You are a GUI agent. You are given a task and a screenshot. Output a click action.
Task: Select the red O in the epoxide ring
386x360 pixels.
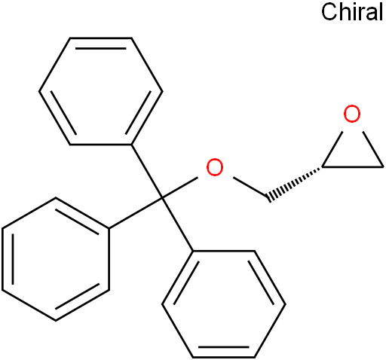pyautogui.click(x=352, y=114)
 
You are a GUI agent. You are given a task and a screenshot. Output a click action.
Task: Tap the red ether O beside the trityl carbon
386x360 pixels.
pyautogui.click(x=215, y=167)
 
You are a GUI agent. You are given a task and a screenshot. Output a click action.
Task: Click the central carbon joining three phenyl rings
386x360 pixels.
pyautogui.click(x=162, y=198)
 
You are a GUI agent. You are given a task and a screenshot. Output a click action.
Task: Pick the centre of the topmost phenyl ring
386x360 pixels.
pyautogui.click(x=101, y=91)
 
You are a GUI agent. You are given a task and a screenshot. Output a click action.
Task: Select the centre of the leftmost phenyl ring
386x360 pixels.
pyautogui.click(x=56, y=259)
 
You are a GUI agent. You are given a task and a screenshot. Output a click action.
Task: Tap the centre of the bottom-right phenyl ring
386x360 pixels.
pyautogui.click(x=224, y=304)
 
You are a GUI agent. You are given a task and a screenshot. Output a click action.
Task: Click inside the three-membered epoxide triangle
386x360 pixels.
pyautogui.click(x=352, y=153)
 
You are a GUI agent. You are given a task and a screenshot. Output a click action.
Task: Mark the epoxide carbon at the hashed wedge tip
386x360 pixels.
pyautogui.click(x=322, y=166)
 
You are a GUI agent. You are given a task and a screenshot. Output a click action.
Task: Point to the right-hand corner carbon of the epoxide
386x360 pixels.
pyautogui.click(x=383, y=166)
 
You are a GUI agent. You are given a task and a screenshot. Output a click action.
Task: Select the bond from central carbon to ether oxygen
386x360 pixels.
pyautogui.click(x=180, y=188)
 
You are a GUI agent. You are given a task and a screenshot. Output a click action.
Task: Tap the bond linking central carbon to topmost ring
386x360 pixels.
pyautogui.click(x=147, y=171)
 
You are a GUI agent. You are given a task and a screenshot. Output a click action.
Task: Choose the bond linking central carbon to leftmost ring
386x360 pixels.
pyautogui.click(x=136, y=213)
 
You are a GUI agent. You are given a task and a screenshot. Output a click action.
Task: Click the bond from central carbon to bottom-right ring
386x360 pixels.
pyautogui.click(x=178, y=224)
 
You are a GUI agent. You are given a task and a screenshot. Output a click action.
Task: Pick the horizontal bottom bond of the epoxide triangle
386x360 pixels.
pyautogui.click(x=353, y=166)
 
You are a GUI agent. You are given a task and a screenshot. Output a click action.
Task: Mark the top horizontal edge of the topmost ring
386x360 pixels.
pyautogui.click(x=101, y=38)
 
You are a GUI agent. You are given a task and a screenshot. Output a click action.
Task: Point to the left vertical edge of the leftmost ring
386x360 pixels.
pyautogui.click(x=3, y=259)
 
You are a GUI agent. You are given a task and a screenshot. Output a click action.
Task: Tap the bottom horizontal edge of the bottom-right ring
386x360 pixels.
pyautogui.click(x=224, y=357)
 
